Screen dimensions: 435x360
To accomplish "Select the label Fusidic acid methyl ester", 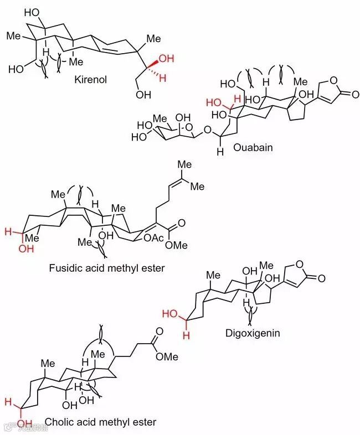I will (x=107, y=268).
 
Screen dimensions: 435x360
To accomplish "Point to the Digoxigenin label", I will (x=253, y=333).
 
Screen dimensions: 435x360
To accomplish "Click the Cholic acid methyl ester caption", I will (x=100, y=422).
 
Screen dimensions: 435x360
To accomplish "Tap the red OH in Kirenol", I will (x=166, y=59).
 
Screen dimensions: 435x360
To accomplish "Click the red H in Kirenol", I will (x=163, y=79).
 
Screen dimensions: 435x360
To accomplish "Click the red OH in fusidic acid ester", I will (x=25, y=250).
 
